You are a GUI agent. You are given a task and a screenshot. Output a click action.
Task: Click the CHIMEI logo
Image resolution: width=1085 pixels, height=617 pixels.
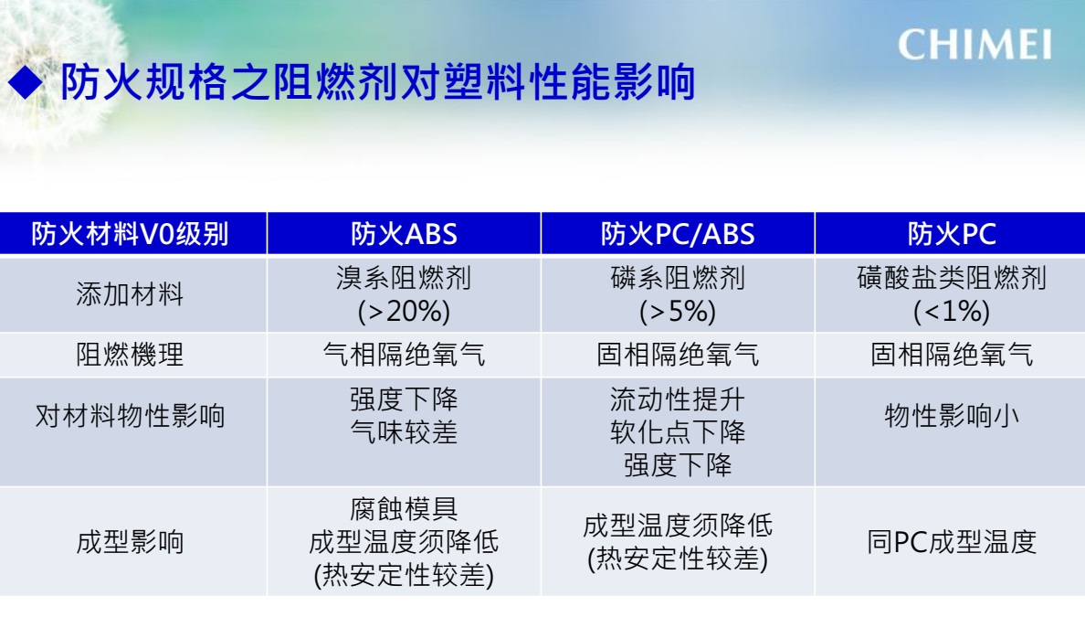tap(975, 45)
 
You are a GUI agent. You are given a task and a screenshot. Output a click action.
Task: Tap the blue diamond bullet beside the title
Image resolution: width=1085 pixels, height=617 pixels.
tap(26, 82)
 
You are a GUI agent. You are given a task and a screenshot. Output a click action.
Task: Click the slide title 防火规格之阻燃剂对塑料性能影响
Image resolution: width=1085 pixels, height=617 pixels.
tap(378, 82)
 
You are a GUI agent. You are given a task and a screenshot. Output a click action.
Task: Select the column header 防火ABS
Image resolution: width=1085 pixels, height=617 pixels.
tap(404, 234)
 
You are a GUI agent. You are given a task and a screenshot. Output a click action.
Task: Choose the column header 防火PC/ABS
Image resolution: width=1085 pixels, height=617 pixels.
tap(678, 234)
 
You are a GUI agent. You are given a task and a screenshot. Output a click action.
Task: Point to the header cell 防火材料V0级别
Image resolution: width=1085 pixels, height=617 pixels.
tap(130, 234)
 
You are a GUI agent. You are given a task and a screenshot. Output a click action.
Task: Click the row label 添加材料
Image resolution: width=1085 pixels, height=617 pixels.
tap(130, 294)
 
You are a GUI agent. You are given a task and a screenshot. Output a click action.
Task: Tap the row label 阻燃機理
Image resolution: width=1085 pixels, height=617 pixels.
tap(130, 356)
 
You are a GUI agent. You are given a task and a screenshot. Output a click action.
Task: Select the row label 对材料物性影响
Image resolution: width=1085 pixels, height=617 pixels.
tap(130, 416)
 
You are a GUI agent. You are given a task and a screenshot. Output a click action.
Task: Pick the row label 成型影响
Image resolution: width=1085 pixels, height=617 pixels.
tap(130, 541)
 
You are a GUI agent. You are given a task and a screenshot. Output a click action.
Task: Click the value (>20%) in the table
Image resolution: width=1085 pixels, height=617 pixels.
tap(404, 312)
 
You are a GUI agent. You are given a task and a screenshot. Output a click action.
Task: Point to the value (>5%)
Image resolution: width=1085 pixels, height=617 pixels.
tap(678, 312)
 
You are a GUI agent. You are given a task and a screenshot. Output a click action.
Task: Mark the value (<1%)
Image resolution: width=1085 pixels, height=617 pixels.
tap(952, 312)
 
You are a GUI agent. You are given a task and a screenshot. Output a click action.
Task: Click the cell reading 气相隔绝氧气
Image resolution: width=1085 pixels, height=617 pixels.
tap(404, 356)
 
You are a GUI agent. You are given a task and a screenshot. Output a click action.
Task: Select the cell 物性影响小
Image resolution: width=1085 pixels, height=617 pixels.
tap(952, 416)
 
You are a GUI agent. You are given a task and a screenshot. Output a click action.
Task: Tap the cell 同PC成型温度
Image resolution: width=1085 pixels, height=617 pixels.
tap(952, 541)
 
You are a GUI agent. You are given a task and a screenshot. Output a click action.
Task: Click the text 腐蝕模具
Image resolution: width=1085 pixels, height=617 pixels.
tap(404, 509)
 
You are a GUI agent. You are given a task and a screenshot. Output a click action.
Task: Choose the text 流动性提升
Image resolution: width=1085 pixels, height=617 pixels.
tap(678, 399)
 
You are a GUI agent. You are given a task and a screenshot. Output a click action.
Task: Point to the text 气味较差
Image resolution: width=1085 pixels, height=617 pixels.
tap(404, 432)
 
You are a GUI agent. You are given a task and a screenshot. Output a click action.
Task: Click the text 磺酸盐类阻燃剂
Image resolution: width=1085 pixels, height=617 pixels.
tap(952, 279)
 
